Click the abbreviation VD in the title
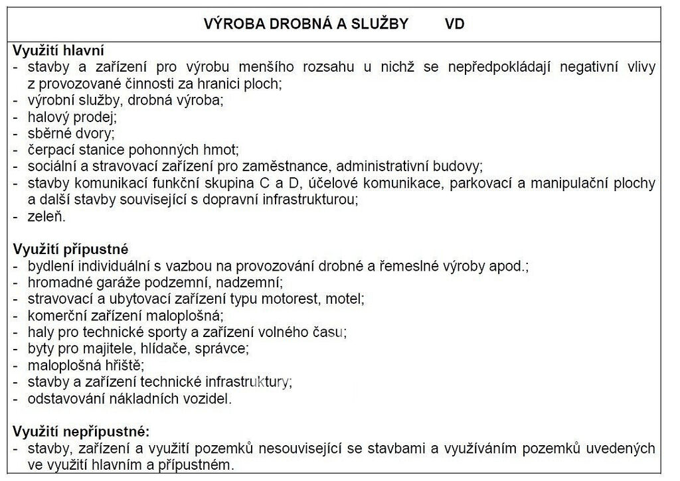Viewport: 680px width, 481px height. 454,25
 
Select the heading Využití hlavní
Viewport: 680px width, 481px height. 58,50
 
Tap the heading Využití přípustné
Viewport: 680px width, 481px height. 70,249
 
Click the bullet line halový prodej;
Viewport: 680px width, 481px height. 72,117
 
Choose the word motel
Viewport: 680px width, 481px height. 347,299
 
